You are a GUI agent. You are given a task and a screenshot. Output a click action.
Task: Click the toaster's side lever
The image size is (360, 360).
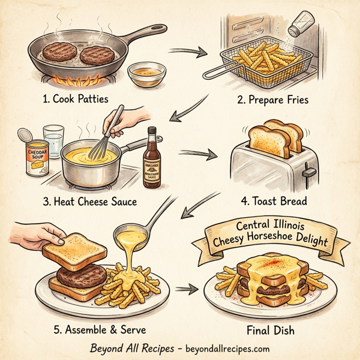tap(309, 173)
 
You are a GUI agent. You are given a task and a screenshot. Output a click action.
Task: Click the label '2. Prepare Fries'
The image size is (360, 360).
tap(272, 100)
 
